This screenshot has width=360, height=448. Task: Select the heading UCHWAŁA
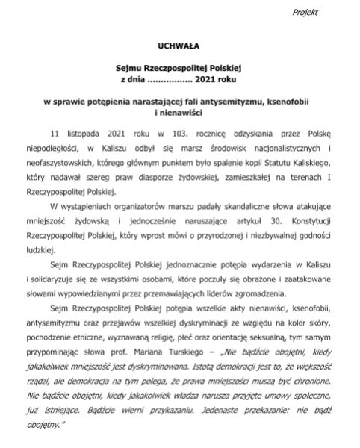click(x=179, y=45)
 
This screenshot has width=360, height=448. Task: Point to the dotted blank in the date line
click(x=172, y=77)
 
